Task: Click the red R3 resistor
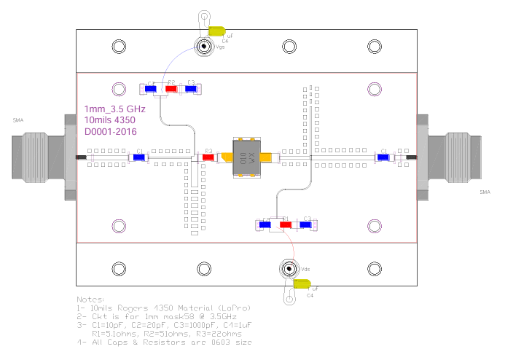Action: click(207, 157)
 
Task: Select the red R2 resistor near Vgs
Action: click(171, 89)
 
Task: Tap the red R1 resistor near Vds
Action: click(286, 224)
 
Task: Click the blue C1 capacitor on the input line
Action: click(138, 157)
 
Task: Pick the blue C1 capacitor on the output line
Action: click(383, 157)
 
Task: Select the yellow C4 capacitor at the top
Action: click(216, 31)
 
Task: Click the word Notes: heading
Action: click(91, 300)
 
